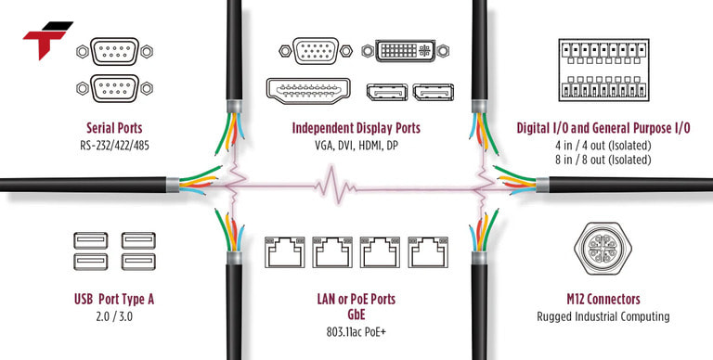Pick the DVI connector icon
tap(409, 52)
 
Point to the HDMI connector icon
tap(311, 90)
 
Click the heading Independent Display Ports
tap(356, 127)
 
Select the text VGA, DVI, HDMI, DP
tap(356, 146)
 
